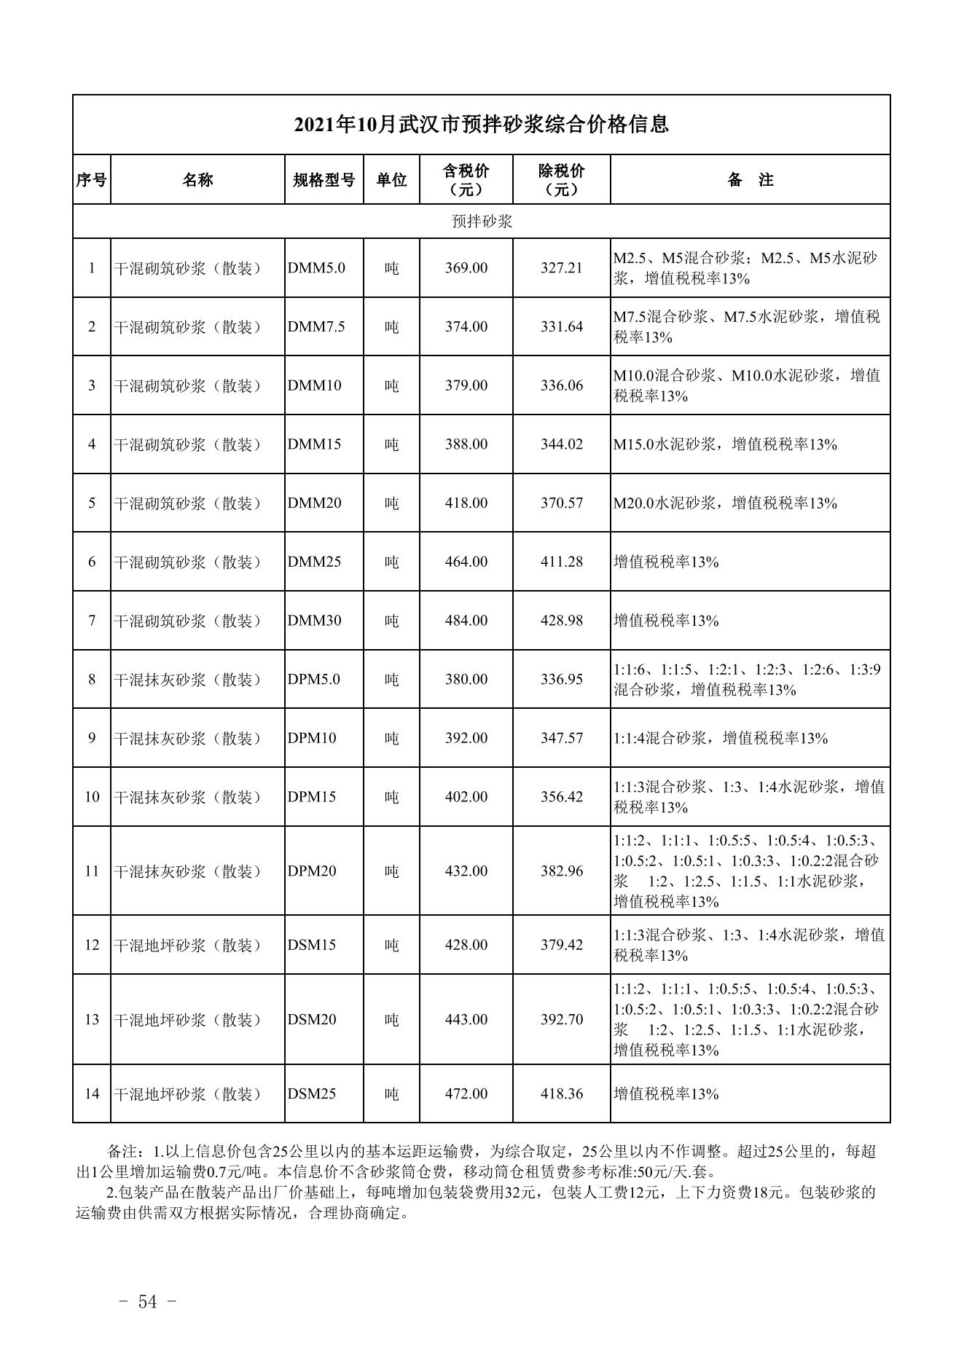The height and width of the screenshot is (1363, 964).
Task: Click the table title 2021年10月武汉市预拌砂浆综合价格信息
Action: (x=481, y=125)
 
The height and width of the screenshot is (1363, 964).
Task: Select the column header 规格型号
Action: (x=324, y=180)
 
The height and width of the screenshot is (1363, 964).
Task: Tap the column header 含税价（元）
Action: (x=466, y=180)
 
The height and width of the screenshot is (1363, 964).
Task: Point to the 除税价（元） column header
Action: (x=561, y=180)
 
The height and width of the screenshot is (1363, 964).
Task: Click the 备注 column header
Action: (x=750, y=180)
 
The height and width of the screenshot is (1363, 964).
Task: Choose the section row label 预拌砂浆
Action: (x=482, y=221)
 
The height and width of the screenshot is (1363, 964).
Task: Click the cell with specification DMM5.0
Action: (x=316, y=268)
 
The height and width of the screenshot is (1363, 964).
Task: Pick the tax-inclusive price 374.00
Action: (x=466, y=327)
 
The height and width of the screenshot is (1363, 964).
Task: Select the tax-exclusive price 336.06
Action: (x=562, y=385)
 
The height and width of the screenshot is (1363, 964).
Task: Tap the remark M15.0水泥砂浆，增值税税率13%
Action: (x=725, y=444)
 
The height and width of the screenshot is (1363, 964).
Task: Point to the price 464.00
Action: (x=466, y=562)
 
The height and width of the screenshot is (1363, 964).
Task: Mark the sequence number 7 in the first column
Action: (x=92, y=621)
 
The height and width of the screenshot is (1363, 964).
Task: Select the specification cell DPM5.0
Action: (x=313, y=680)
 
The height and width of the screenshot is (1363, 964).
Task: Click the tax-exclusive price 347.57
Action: (x=562, y=738)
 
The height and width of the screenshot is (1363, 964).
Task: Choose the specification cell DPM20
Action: (x=312, y=871)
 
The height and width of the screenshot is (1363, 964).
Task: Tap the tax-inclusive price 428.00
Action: (x=466, y=945)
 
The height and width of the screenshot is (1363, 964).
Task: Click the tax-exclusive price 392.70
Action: (x=562, y=1019)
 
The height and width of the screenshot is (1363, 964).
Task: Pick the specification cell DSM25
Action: (x=312, y=1094)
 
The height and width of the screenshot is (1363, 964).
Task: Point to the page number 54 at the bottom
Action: (x=148, y=1303)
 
